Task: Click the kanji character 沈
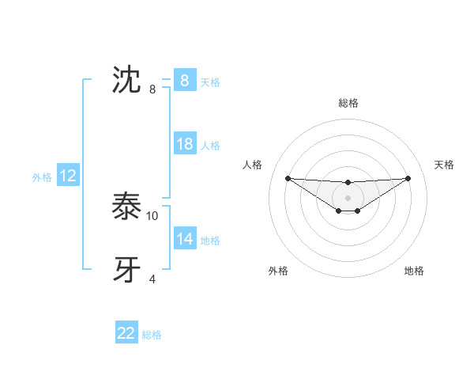pos(127,80)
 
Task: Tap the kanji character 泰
pos(127,207)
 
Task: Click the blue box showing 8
pos(184,80)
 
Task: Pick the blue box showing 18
pos(184,144)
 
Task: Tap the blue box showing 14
pos(184,239)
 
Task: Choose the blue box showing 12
pos(68,176)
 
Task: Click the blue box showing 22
pos(126,333)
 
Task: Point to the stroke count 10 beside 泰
pos(152,215)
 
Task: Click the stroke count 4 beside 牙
pos(152,279)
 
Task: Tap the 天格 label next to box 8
pos(210,82)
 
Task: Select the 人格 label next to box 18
pos(210,146)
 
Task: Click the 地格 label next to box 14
pos(210,241)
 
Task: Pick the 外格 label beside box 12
pos(42,177)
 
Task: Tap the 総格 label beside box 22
pos(152,335)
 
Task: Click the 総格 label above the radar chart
pos(348,103)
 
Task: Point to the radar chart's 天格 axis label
pos(445,165)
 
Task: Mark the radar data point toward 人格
pos(288,178)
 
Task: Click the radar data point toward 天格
pos(408,178)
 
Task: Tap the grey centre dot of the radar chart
pos(348,197)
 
